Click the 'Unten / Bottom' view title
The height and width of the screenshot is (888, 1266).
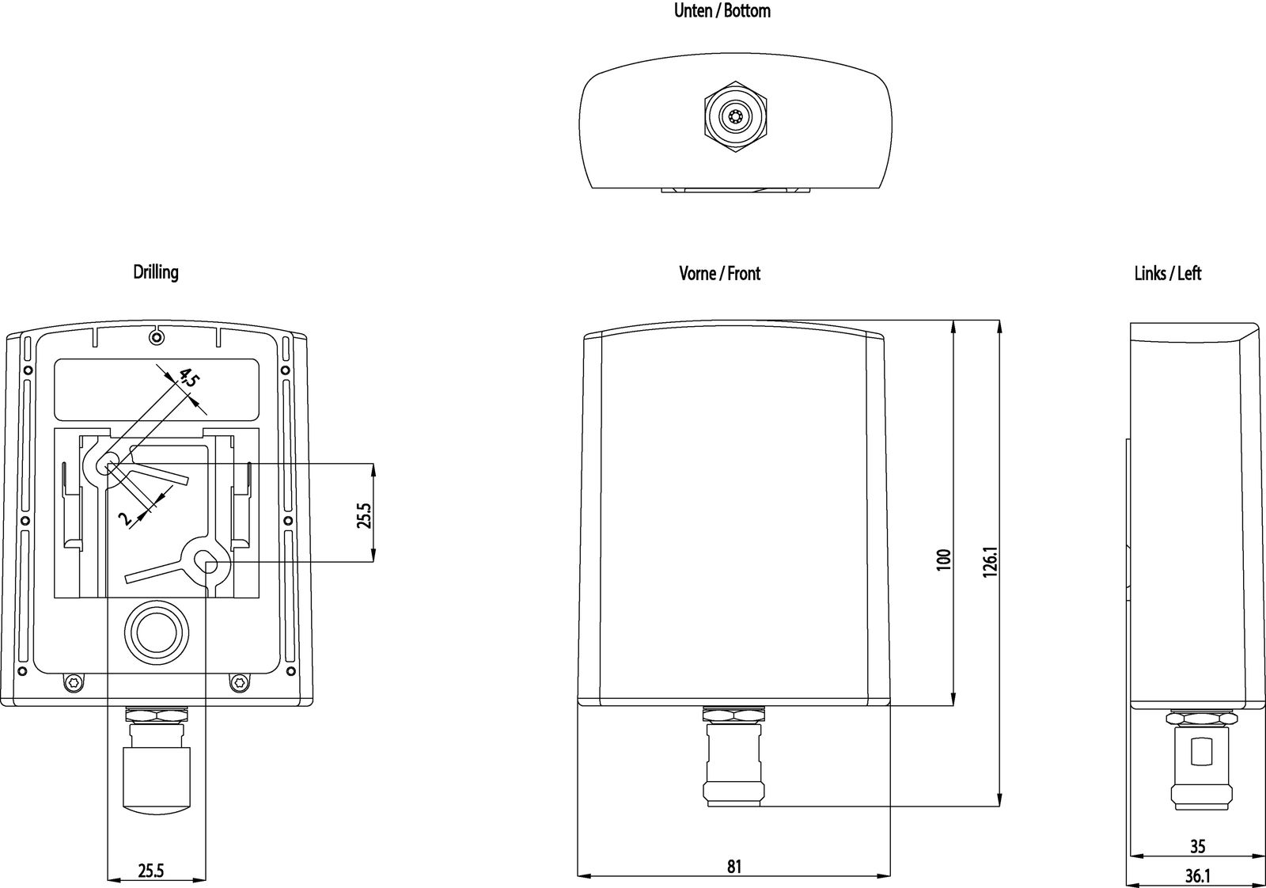(x=722, y=11)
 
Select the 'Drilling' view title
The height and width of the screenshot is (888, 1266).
(x=156, y=272)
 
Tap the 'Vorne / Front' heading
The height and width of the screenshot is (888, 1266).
(x=719, y=274)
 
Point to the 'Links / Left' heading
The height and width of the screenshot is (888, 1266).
(x=1167, y=274)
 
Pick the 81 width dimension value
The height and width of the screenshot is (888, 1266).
(x=734, y=867)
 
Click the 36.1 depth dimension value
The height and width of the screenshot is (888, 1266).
(x=1197, y=877)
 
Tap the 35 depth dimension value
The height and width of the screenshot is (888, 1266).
(x=1197, y=847)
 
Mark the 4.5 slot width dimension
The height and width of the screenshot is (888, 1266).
(x=188, y=378)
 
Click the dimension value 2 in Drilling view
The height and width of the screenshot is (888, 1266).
(x=125, y=518)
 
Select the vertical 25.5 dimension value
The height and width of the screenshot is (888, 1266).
(x=363, y=514)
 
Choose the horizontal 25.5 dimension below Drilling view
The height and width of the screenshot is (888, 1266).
(x=150, y=871)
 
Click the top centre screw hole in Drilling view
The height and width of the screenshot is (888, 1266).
(x=157, y=339)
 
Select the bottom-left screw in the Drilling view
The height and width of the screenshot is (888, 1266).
(x=74, y=682)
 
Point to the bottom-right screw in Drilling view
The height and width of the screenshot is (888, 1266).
(x=238, y=682)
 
